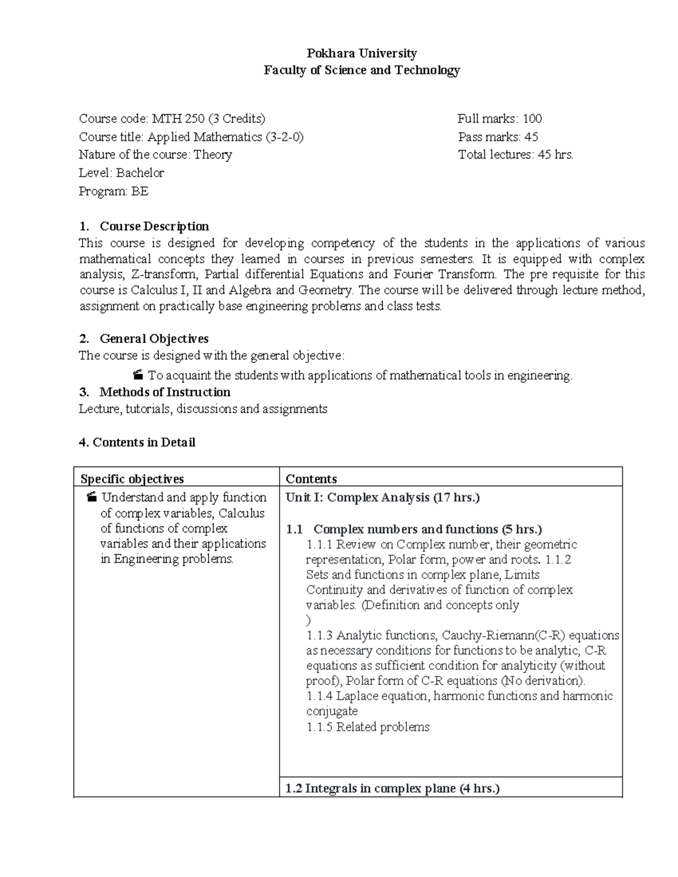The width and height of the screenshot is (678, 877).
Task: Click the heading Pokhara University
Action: (x=361, y=54)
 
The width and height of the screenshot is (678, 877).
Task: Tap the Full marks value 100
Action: (x=532, y=119)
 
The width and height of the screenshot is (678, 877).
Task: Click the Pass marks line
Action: (x=498, y=137)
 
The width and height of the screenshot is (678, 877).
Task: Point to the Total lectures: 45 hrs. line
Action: (x=515, y=155)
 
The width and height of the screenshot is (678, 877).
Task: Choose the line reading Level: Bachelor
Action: (x=121, y=173)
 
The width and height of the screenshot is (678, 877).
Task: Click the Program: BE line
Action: (x=114, y=191)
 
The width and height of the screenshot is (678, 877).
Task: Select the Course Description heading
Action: (x=154, y=226)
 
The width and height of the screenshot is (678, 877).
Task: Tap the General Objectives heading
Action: (x=154, y=339)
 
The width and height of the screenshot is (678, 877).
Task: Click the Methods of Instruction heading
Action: (x=164, y=392)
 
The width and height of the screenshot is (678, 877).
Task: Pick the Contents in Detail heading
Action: (x=137, y=442)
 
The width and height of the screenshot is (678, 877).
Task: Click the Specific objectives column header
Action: (x=132, y=479)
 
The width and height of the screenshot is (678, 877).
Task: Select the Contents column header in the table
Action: (x=311, y=479)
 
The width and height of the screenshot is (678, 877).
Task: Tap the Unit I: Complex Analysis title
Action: (x=383, y=498)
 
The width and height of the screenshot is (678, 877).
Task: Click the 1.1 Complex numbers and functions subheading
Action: (x=427, y=529)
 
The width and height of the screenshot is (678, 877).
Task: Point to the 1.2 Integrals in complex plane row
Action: (x=393, y=788)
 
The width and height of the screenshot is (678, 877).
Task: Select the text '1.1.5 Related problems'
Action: (x=368, y=727)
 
